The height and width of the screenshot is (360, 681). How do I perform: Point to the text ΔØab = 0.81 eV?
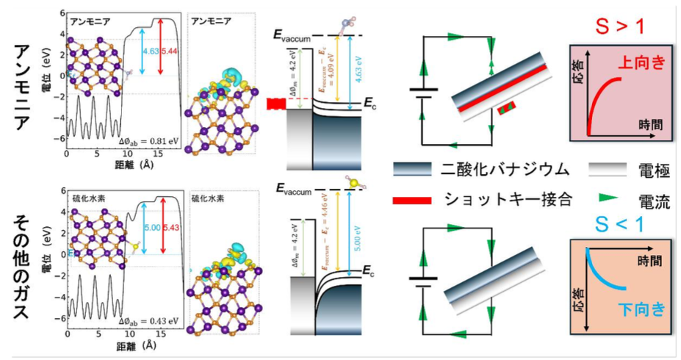(149, 138)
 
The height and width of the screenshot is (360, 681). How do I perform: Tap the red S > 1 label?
(619, 27)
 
